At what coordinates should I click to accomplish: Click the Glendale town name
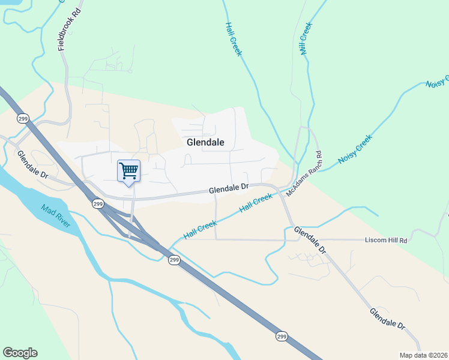pos(205,143)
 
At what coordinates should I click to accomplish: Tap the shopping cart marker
pos(128,171)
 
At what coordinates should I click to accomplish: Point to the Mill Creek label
pos(306,39)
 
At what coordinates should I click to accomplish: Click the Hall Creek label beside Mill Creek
pos(234,39)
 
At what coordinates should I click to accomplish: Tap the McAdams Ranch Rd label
pos(304,174)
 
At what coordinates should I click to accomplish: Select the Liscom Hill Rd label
pos(386,241)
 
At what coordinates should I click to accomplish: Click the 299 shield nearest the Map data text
pos(282,337)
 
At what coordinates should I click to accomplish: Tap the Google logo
pos(20,353)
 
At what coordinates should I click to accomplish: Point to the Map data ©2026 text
pos(423,355)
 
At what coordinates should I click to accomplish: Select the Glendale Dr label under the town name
pos(229,189)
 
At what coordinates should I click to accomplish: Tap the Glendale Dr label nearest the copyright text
pos(388,318)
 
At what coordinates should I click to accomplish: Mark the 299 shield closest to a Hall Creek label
pos(174,260)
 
